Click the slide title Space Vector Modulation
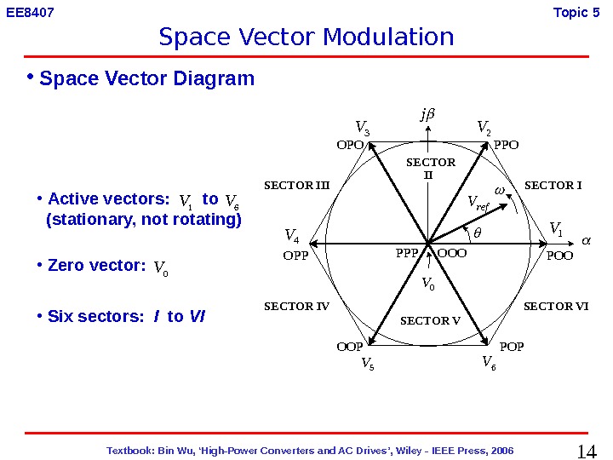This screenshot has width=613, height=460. [306, 37]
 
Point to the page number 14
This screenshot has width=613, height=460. [587, 451]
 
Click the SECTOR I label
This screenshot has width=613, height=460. [553, 186]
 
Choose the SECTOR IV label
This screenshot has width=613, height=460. [296, 306]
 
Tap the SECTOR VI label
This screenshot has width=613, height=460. [556, 306]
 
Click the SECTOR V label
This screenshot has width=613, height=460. [430, 321]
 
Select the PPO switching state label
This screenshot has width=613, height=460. [506, 145]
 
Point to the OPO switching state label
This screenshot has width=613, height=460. [350, 145]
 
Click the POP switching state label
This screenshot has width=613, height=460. [512, 347]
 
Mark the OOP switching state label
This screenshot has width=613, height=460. [350, 347]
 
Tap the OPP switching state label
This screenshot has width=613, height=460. [295, 254]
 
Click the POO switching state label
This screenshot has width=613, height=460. [559, 254]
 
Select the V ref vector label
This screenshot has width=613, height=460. [478, 203]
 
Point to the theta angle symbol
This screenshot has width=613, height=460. [477, 232]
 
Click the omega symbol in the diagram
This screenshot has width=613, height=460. [500, 189]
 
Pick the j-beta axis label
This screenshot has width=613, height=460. [427, 113]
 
